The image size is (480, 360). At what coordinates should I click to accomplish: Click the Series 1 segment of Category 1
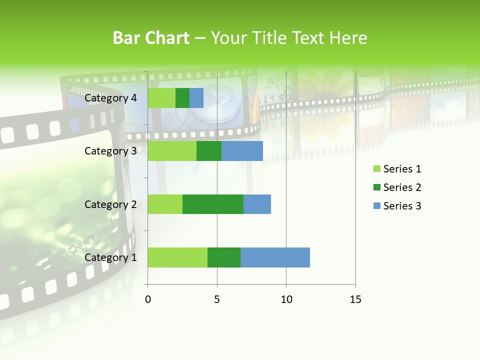coord(177,257)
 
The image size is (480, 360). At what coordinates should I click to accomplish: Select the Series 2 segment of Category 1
coord(224,257)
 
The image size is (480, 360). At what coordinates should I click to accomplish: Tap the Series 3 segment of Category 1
coord(275,257)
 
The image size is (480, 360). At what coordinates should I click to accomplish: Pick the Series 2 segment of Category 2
coord(213,204)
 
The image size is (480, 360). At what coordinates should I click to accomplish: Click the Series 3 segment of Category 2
coord(257,204)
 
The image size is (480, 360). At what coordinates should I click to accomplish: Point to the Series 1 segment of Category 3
coord(172,151)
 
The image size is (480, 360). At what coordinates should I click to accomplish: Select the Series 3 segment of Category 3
coord(242,151)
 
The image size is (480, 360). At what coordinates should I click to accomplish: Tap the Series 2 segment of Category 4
coord(182,98)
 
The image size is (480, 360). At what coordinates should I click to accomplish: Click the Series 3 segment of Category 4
coord(196,98)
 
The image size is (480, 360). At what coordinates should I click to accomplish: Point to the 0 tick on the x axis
coord(148,299)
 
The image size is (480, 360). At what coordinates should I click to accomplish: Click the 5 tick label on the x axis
coord(217,299)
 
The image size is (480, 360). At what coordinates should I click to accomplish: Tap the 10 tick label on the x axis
coord(286,299)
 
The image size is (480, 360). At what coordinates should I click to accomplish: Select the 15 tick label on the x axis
coord(355,299)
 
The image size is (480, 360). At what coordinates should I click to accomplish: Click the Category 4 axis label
coord(110,98)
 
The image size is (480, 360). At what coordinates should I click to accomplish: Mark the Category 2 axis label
coord(110,204)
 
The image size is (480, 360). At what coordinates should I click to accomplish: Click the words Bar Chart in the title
coord(151,38)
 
